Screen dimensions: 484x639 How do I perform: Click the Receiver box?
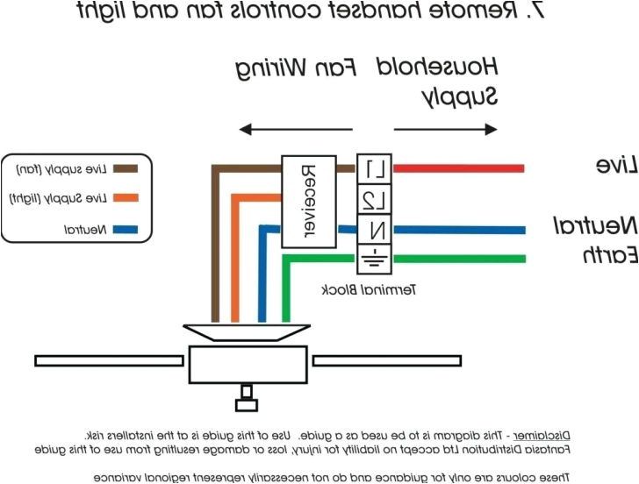click(308, 201)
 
